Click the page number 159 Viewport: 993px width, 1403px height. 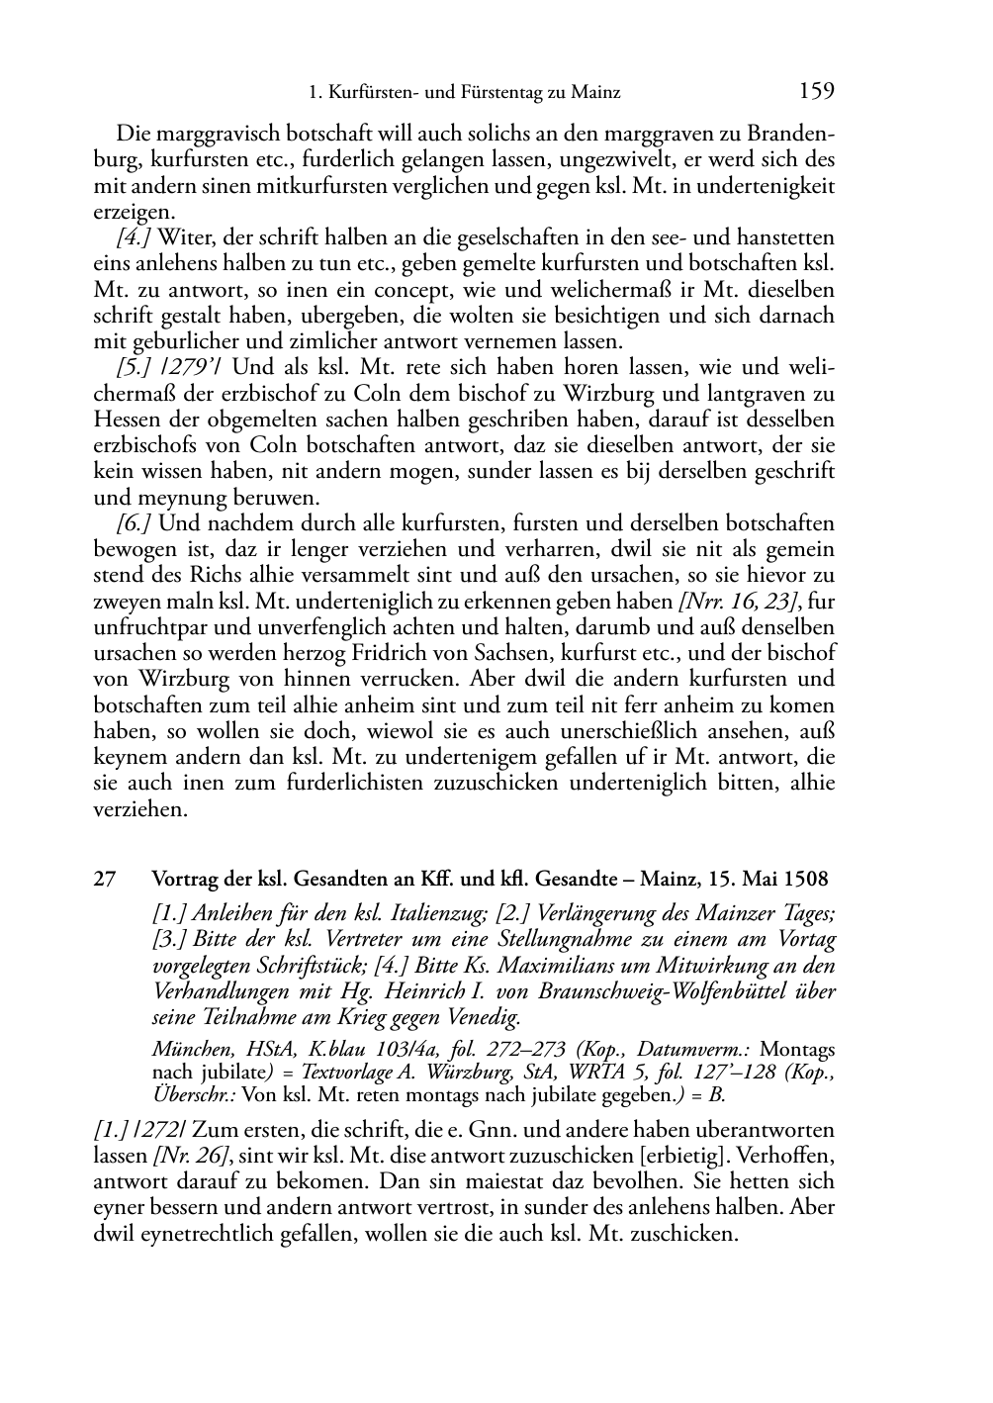(816, 92)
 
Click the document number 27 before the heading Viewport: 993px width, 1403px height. (106, 879)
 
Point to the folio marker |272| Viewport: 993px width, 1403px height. (168, 1130)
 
